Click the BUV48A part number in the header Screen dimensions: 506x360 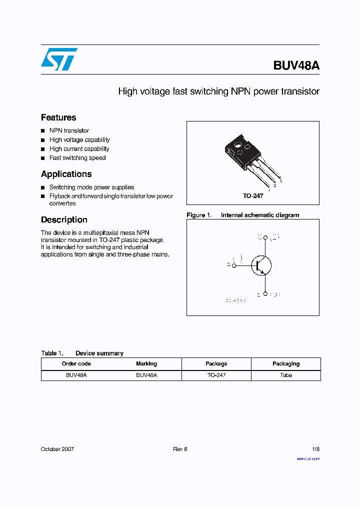point(296,65)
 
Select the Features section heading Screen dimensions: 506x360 point(58,117)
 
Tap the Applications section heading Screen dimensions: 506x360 point(66,174)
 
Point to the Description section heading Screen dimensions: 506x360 point(64,219)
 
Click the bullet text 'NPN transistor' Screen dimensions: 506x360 point(69,130)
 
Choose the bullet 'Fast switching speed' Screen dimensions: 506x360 point(77,158)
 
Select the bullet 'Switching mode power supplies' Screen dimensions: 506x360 point(91,187)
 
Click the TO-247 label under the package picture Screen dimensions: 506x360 point(253,196)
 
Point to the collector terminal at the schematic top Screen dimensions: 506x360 point(265,237)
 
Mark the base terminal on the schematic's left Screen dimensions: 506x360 point(233,265)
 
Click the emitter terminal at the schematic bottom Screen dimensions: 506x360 point(265,294)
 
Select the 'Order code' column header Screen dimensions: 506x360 point(76,364)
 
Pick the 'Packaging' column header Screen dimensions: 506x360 point(286,364)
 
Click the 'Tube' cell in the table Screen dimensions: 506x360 point(286,375)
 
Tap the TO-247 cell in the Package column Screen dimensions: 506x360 point(216,375)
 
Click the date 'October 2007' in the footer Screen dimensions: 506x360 point(57,449)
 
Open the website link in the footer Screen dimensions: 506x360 point(308,458)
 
